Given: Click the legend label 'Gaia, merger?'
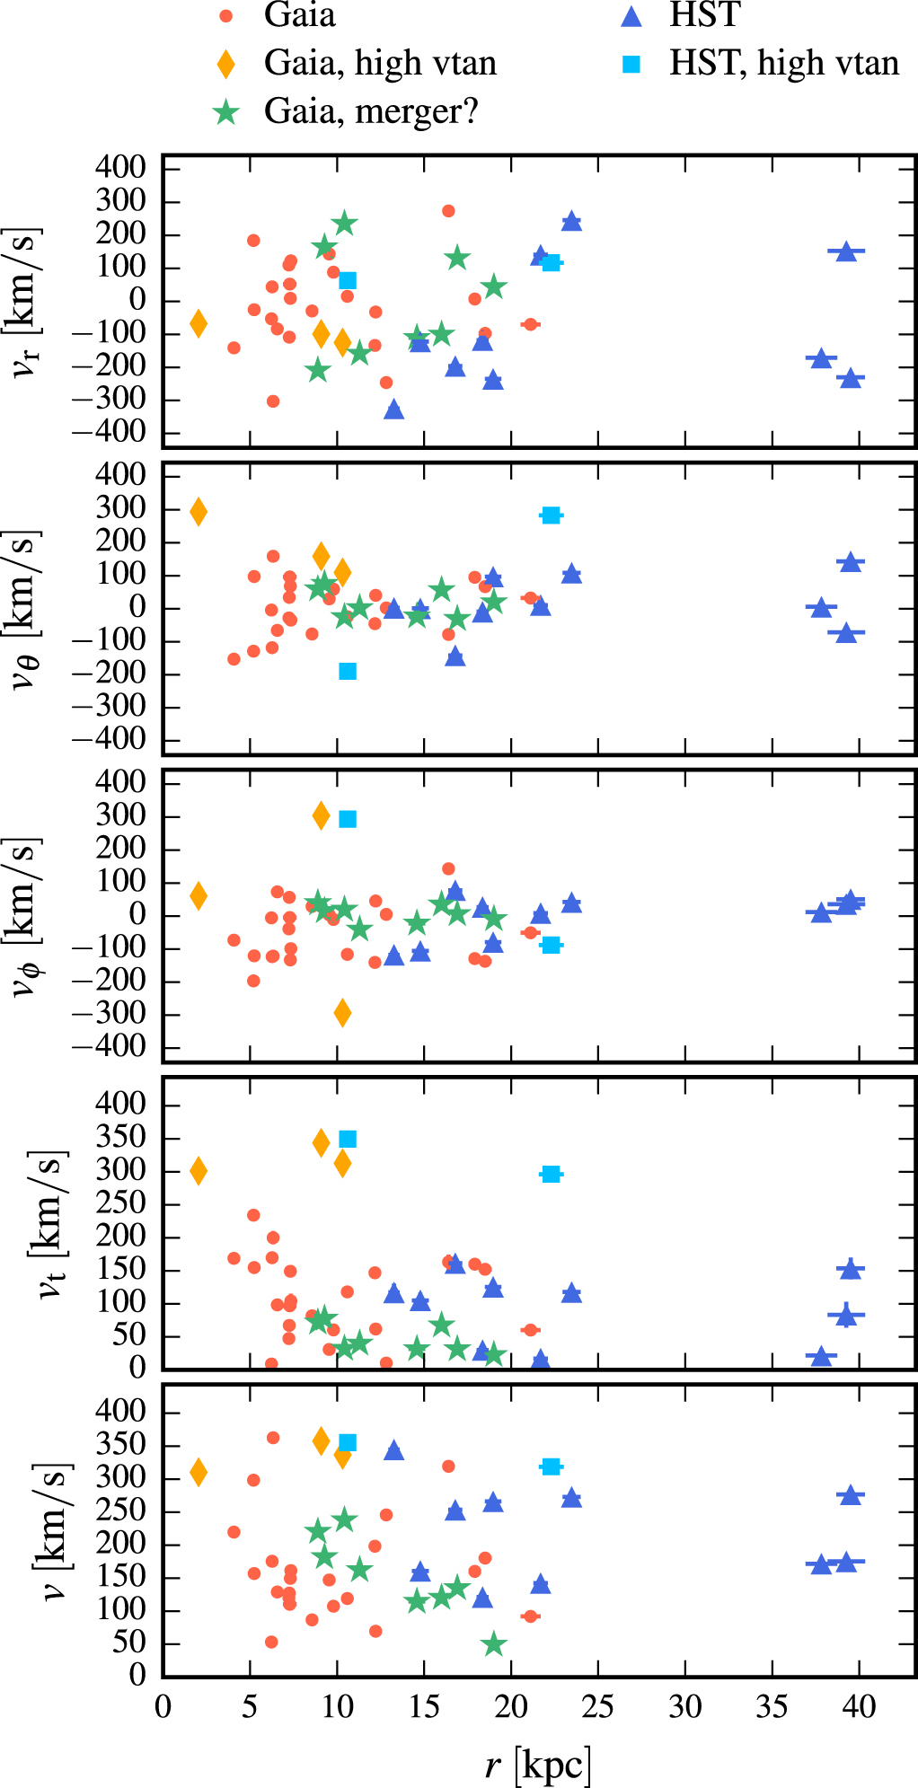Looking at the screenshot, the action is tap(371, 111).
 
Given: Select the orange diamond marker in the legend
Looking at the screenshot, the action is tap(225, 64).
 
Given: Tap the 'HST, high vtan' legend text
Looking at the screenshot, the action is tap(783, 64).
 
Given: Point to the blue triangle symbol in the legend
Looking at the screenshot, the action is tap(631, 15).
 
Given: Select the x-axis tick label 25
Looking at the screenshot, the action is tap(597, 1705).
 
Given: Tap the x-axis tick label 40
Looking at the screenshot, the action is tap(859, 1705).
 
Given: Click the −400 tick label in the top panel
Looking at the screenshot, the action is tap(109, 432).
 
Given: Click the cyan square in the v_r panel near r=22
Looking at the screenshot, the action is tap(552, 262).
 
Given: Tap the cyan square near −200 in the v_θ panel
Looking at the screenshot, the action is tap(348, 671).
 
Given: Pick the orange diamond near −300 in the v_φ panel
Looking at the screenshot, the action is tap(342, 1013).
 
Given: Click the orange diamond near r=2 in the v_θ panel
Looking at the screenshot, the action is tap(199, 512).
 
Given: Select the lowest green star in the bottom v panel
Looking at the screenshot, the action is tap(493, 1644).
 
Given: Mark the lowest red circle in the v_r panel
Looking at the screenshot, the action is tap(273, 401).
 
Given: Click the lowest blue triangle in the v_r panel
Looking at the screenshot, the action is tap(393, 410).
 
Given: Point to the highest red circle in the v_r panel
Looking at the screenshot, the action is tap(448, 211).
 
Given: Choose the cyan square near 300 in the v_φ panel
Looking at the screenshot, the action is tap(348, 819).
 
